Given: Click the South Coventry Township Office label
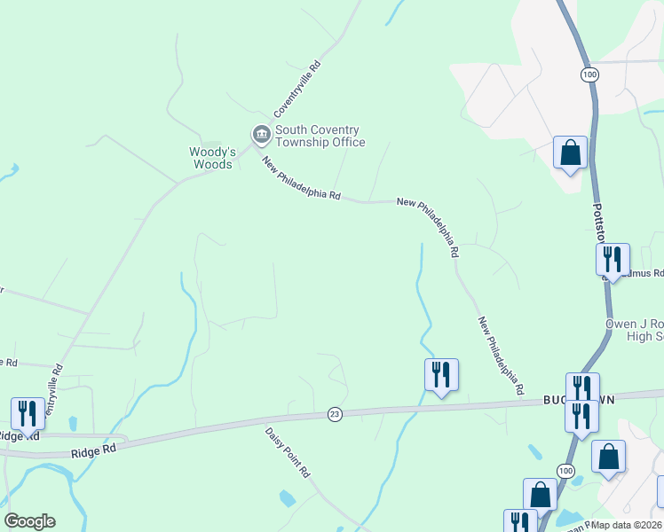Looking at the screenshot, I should click(x=320, y=136).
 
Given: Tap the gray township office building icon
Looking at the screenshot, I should click(x=261, y=135).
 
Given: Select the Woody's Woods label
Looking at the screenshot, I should click(x=211, y=158).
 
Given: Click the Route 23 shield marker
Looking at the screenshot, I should click(x=334, y=413).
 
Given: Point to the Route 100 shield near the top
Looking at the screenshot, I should click(x=589, y=74).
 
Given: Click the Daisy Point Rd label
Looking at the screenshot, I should click(x=286, y=452).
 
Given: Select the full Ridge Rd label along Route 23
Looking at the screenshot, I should click(x=95, y=450).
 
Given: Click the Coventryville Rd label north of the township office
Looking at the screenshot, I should click(x=296, y=90).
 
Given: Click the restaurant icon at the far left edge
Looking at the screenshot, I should click(x=28, y=413).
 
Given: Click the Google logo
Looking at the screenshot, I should click(x=29, y=522).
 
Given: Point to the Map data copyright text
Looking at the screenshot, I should click(x=627, y=525).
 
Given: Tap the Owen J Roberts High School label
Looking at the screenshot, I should click(x=634, y=330).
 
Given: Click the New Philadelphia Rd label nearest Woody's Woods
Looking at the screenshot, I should click(x=302, y=178).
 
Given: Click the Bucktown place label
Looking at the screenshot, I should click(x=558, y=401).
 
